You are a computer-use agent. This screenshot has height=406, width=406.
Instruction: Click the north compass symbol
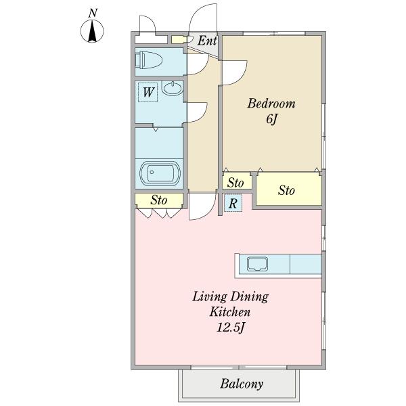92,31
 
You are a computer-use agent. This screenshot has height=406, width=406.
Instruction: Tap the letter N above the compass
93,13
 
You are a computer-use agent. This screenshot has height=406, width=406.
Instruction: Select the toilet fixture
149,60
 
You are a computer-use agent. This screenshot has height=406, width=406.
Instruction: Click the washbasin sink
173,88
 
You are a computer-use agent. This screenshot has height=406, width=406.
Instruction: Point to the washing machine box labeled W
148,92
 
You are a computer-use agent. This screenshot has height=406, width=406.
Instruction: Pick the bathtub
159,173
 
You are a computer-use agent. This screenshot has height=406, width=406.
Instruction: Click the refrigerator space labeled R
233,203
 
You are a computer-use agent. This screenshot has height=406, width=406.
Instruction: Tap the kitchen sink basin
257,264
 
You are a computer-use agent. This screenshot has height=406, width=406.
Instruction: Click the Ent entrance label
207,41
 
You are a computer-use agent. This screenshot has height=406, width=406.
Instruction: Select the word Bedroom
271,104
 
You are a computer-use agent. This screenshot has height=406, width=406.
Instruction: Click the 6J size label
272,119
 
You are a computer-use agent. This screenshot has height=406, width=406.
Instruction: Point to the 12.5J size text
231,328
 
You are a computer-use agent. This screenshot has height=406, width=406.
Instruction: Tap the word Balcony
242,384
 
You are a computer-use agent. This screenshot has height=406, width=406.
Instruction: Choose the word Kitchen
230,312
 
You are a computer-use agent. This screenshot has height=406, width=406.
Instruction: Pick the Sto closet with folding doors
159,200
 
